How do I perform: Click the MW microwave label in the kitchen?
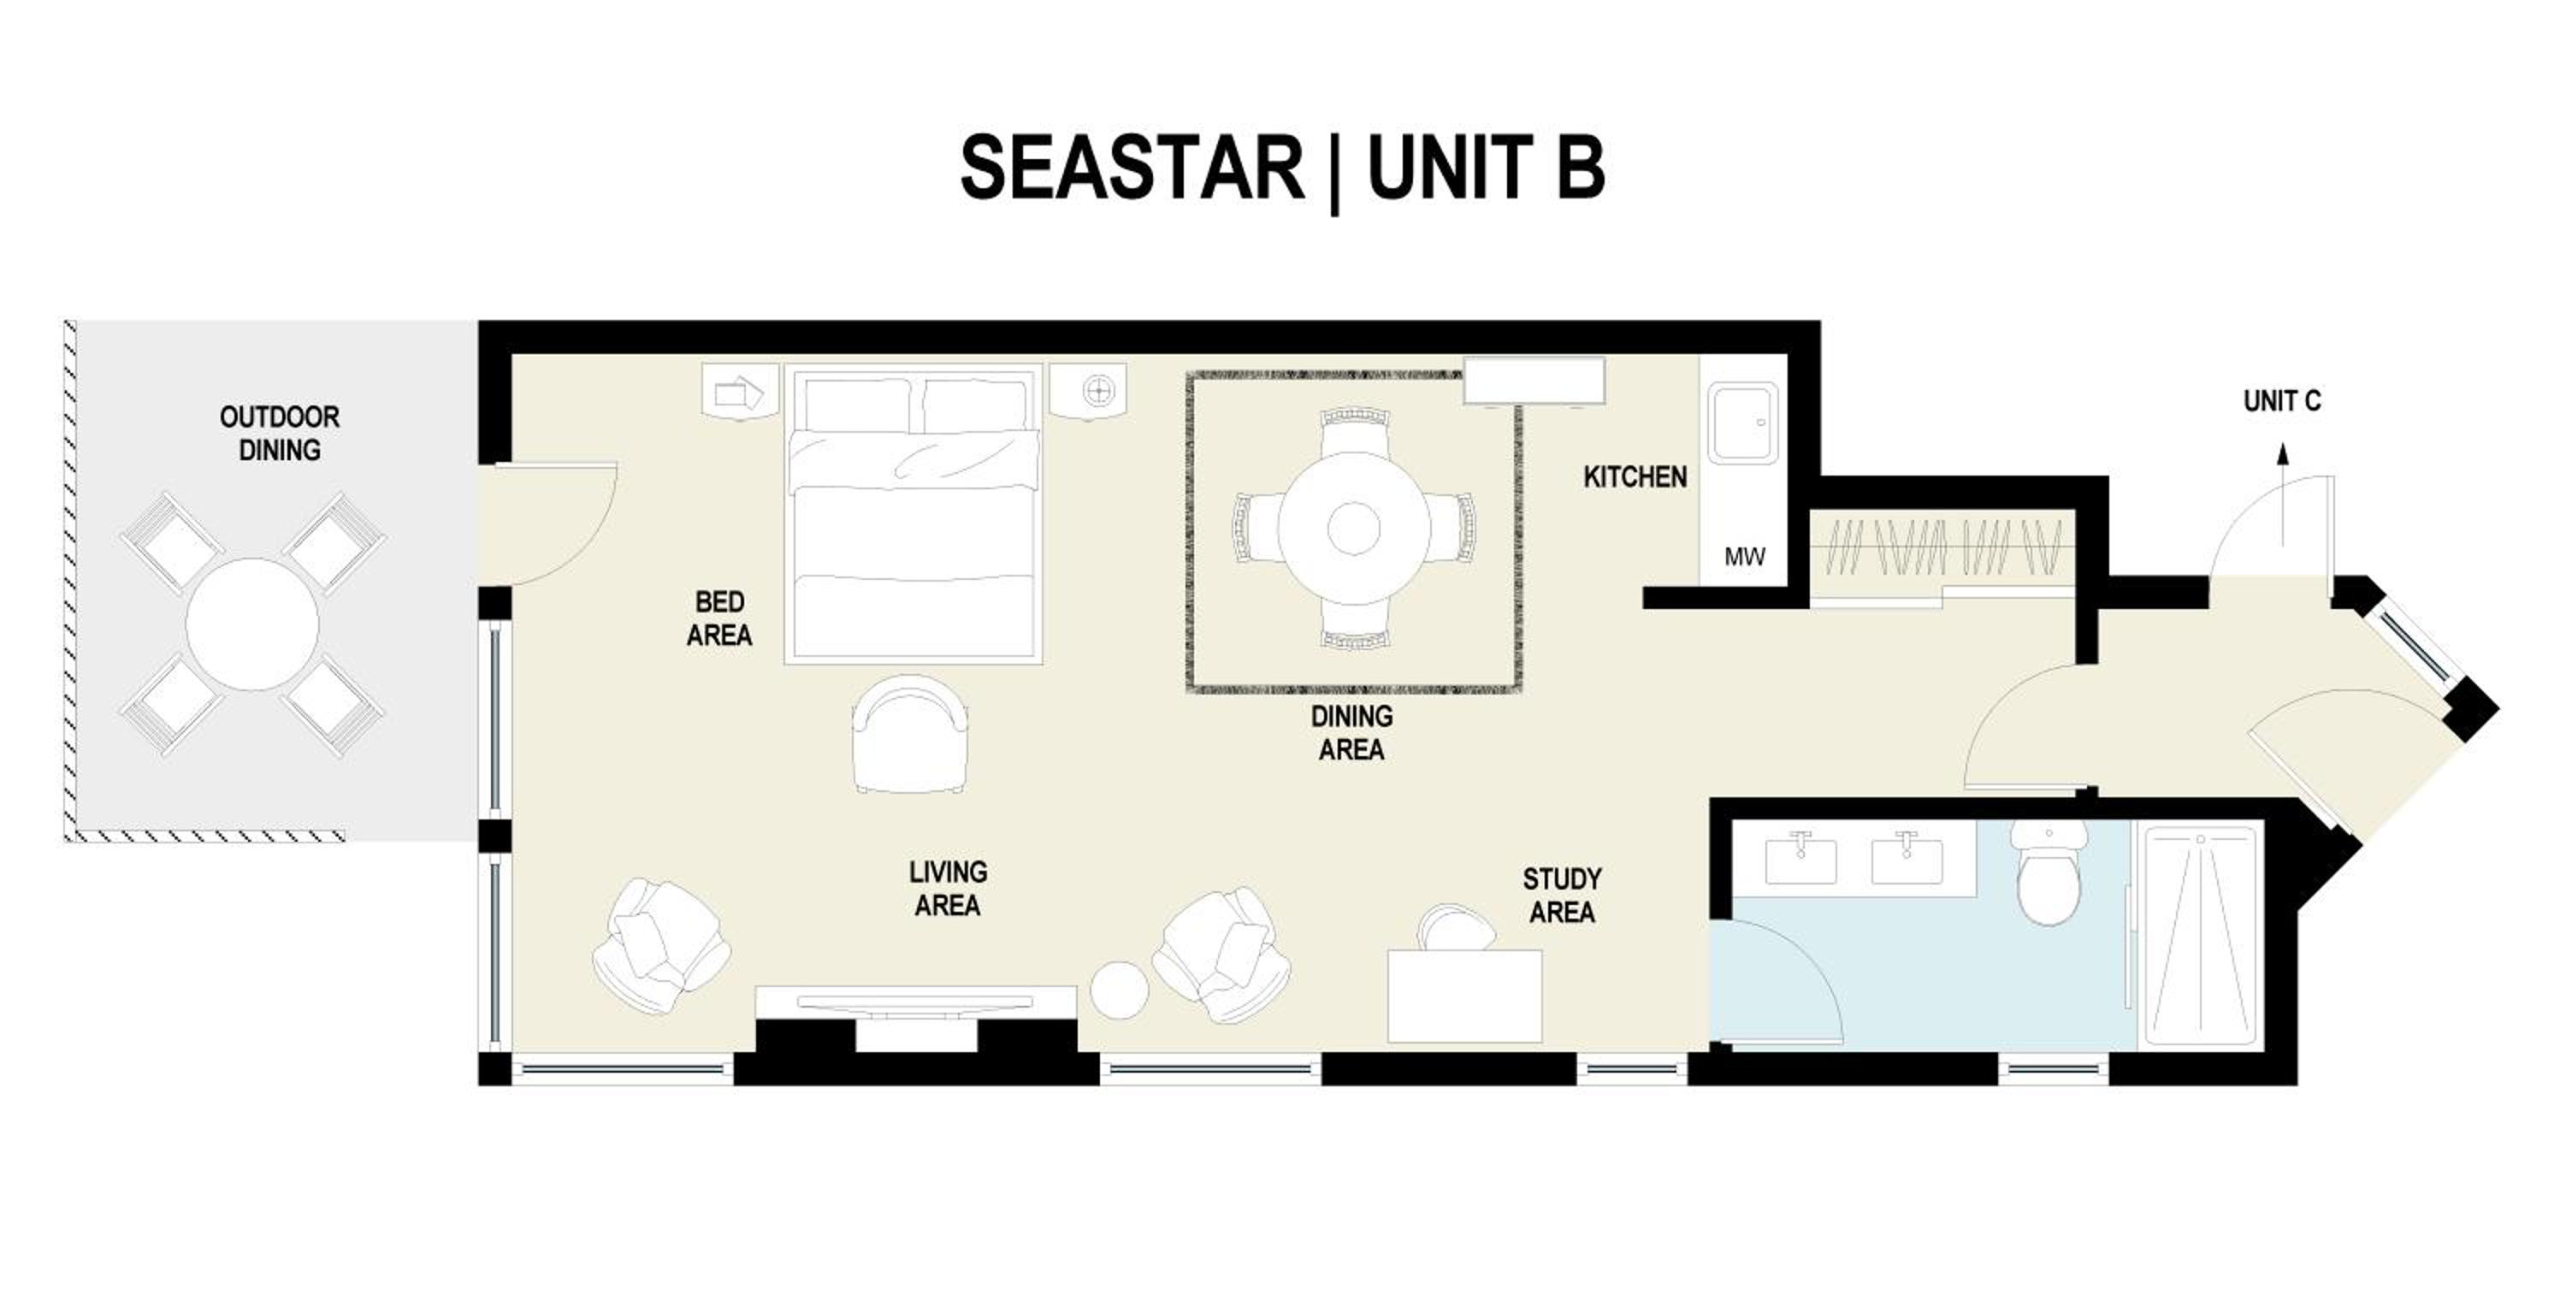[x=1744, y=557]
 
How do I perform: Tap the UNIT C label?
[x=2282, y=401]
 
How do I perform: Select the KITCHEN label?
[x=1635, y=477]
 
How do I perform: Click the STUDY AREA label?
[x=1562, y=896]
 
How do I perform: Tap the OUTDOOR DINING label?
[x=280, y=434]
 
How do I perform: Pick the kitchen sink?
[x=1742, y=423]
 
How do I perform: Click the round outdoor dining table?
[x=253, y=624]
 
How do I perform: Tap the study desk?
[x=1464, y=996]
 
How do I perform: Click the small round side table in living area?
[x=1120, y=989]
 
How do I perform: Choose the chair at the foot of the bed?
[x=910, y=735]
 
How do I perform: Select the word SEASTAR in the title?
[x=1132, y=169]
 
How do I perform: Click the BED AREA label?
[x=719, y=618]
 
